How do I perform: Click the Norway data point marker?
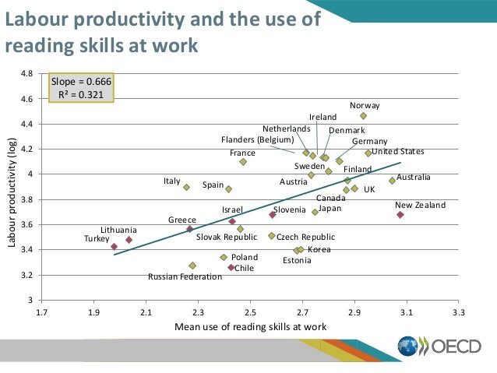[363, 116]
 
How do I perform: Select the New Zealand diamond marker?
[400, 214]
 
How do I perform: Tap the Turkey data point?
[115, 247]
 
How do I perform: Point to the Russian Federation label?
[185, 276]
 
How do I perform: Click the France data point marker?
[243, 162]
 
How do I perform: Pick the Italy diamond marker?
[186, 187]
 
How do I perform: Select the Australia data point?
[393, 181]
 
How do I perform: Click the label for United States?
[397, 151]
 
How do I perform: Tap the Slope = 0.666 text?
[82, 82]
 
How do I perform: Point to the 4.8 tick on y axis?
[27, 75]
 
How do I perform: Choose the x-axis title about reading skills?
[250, 326]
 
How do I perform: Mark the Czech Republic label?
[305, 237]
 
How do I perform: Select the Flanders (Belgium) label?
[257, 140]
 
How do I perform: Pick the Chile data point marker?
[231, 268]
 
